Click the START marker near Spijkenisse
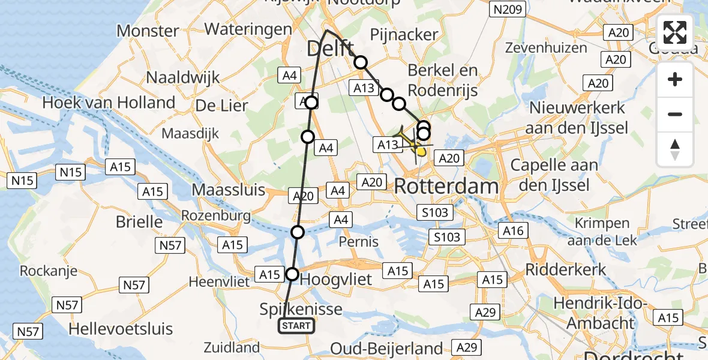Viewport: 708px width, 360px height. click(296, 326)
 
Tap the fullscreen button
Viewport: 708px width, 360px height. click(675, 32)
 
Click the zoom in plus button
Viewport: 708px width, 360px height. click(675, 79)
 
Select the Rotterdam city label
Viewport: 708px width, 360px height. click(446, 187)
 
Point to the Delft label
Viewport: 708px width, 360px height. click(329, 47)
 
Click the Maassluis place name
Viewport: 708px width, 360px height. click(228, 190)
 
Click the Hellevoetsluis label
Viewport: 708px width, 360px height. click(121, 329)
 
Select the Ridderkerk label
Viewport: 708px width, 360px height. click(566, 269)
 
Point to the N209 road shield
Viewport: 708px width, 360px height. click(507, 9)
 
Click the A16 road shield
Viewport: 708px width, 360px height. click(513, 230)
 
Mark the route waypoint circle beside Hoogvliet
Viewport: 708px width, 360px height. click(292, 274)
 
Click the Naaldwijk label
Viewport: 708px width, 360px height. click(183, 77)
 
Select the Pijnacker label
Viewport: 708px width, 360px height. click(404, 34)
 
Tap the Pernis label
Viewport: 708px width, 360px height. click(358, 241)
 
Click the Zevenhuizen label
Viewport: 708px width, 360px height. click(546, 47)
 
